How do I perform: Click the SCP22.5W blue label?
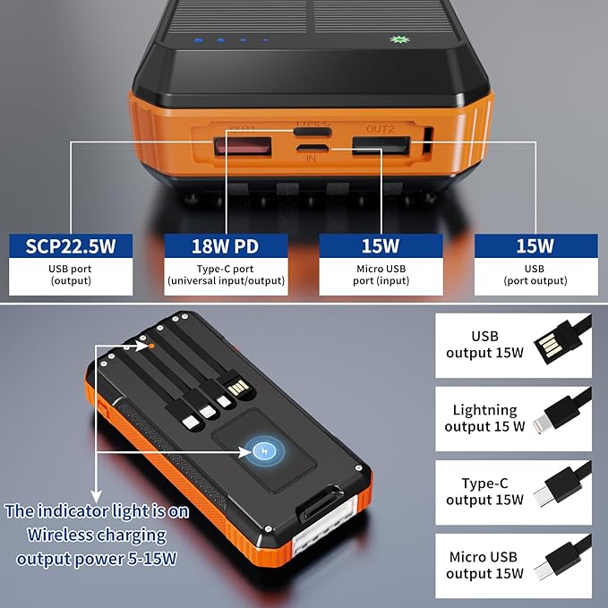(x=70, y=245)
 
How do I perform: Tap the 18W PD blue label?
(x=226, y=245)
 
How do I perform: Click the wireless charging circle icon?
(x=263, y=450)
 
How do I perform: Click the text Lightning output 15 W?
(x=485, y=417)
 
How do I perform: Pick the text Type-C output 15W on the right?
(x=485, y=492)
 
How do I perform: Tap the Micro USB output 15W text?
(x=485, y=565)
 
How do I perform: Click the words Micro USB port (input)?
(x=381, y=274)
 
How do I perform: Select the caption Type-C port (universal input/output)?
(x=226, y=274)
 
